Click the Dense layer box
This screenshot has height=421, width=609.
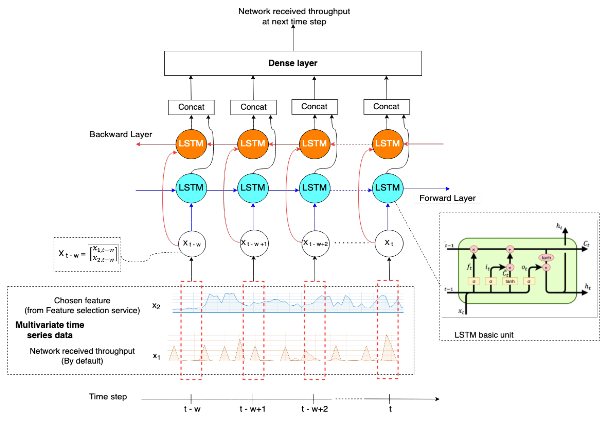click(293, 63)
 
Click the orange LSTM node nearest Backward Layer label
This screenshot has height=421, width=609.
click(191, 144)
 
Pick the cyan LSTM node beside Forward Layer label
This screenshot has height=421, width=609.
click(387, 188)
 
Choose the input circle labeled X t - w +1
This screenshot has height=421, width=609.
click(254, 243)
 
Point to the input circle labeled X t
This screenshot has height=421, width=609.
click(389, 243)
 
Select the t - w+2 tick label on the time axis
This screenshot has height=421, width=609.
click(314, 409)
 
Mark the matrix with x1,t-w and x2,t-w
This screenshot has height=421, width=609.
click(103, 254)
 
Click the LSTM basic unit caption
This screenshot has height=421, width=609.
click(484, 335)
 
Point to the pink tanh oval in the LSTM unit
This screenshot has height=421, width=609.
click(546, 258)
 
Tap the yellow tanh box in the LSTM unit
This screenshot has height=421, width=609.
click(510, 281)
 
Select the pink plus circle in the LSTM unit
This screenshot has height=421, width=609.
click(510, 249)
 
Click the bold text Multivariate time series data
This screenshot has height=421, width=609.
click(50, 330)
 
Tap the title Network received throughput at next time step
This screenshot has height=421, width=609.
click(294, 16)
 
